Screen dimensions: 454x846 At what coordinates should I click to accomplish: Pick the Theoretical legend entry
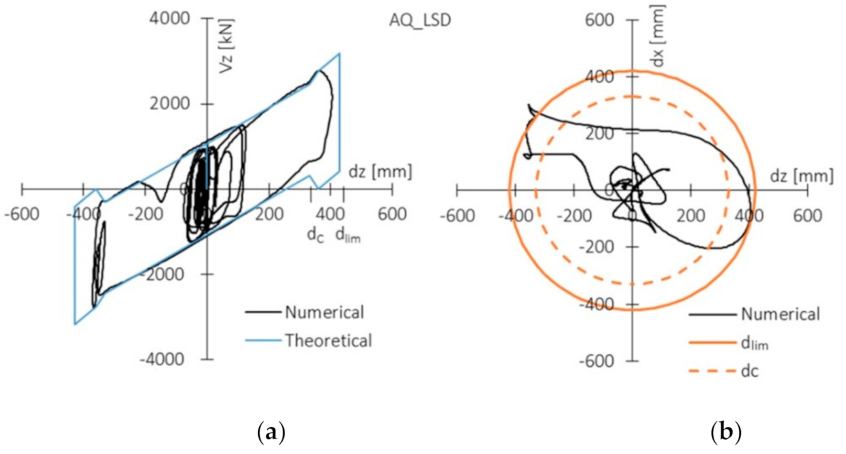(328, 340)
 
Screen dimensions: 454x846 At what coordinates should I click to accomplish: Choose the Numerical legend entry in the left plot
(324, 313)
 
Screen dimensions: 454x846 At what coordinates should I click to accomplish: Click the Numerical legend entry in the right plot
(780, 314)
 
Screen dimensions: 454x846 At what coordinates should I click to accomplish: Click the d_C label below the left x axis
(315, 235)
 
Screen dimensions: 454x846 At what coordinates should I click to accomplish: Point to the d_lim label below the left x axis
(348, 236)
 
